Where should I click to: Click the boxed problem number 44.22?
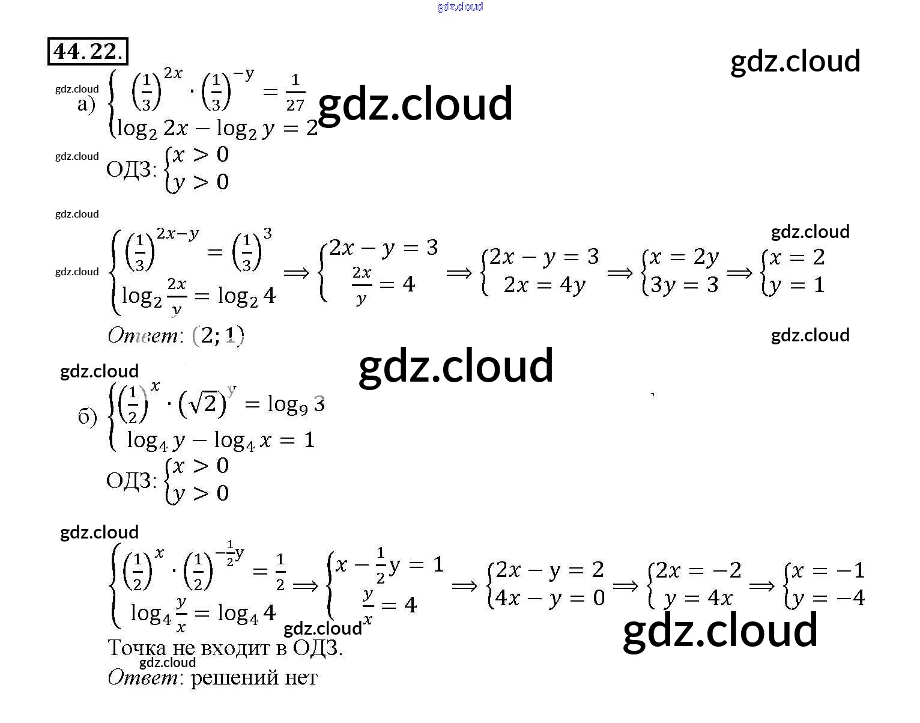pos(88,51)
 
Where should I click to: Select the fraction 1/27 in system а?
pos(295,93)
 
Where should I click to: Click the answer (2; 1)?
pos(218,335)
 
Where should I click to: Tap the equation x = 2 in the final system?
pos(797,258)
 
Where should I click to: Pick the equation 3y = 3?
pos(684,285)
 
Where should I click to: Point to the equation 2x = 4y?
pos(544,285)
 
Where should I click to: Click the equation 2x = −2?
pos(698,570)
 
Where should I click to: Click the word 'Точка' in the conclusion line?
pos(136,648)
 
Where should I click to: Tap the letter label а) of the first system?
pos(86,105)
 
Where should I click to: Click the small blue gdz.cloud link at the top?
pos(460,7)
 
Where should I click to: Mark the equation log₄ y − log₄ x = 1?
pos(221,441)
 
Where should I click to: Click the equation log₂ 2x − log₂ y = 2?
pos(217,129)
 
